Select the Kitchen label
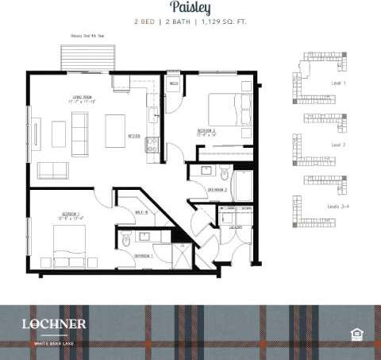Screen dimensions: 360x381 tap(134, 136)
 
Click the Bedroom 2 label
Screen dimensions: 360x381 tap(208, 131)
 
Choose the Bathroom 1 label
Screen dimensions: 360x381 tap(143, 256)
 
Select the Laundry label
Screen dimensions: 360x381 tap(235, 226)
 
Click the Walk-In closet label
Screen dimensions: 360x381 tap(143, 212)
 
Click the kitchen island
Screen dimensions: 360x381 tap(117, 126)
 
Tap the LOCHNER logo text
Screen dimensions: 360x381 tap(55, 323)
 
